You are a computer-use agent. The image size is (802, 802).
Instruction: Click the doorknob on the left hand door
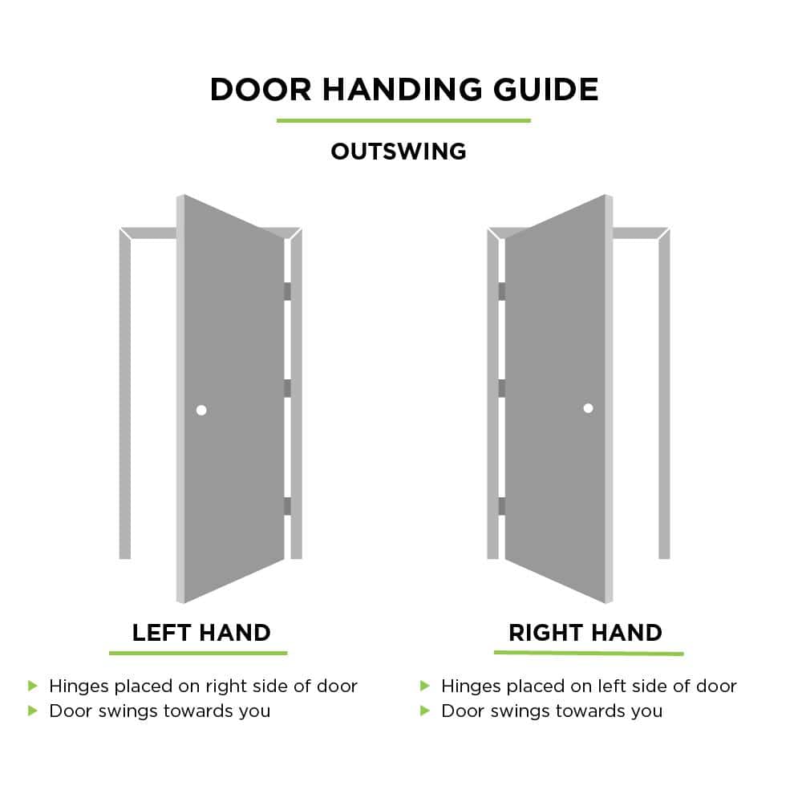(x=201, y=410)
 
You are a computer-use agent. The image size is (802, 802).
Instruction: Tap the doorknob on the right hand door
(x=588, y=408)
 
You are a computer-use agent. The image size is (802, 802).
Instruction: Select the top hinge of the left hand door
(x=287, y=292)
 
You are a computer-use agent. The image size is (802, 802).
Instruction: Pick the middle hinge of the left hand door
(x=287, y=388)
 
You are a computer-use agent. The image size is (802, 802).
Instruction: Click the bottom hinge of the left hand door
(x=287, y=506)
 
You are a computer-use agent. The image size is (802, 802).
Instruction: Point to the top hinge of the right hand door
(x=502, y=292)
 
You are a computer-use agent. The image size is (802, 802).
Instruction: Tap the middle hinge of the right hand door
(x=502, y=388)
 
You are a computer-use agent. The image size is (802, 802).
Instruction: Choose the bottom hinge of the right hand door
(x=502, y=506)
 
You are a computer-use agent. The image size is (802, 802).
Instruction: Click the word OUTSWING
(x=399, y=152)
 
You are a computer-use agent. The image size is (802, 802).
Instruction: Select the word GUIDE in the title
(x=545, y=90)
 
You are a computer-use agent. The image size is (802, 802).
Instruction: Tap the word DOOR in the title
(x=261, y=90)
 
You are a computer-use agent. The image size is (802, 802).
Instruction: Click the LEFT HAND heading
(x=201, y=633)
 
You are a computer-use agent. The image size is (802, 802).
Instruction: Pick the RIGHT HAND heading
(x=585, y=633)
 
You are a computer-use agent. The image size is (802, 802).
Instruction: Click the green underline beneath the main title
(x=403, y=121)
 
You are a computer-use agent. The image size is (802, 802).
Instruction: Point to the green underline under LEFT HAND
(x=198, y=653)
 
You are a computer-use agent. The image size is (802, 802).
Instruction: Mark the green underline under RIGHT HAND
(x=589, y=653)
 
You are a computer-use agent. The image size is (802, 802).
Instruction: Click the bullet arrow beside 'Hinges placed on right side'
(x=33, y=686)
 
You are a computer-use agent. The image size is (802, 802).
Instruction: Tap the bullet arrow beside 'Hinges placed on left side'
(x=424, y=686)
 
